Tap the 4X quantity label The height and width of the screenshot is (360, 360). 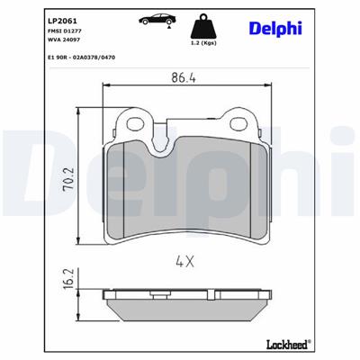click(x=186, y=263)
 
